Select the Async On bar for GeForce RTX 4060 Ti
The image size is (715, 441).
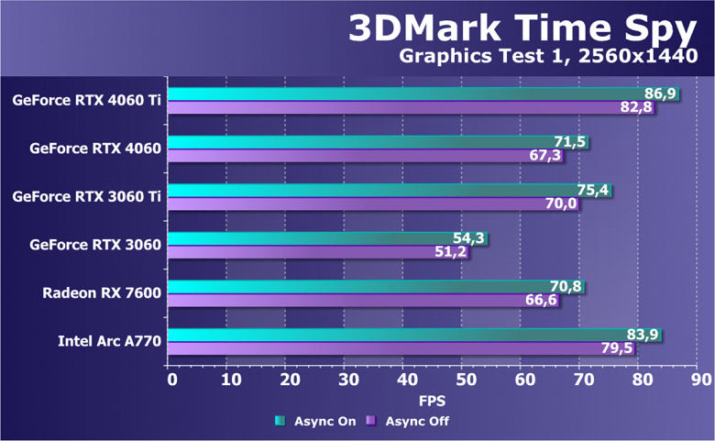[403, 94]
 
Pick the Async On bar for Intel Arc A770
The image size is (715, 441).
[394, 334]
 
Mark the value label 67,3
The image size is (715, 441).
[544, 156]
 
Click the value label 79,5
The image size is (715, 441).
[617, 349]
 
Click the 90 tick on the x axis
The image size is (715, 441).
[701, 379]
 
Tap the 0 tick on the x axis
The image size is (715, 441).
[170, 379]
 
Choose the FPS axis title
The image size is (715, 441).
[433, 401]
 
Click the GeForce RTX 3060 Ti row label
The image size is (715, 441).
[86, 195]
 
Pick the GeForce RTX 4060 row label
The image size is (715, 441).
[94, 147]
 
